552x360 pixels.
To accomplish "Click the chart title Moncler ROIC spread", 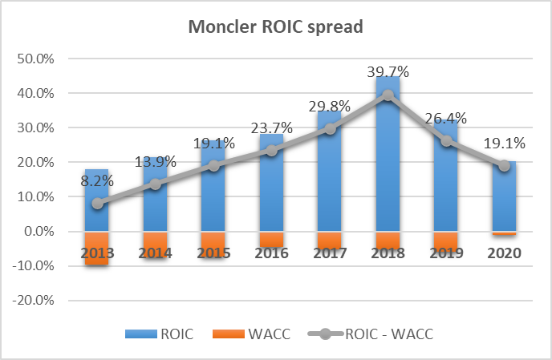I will point(275,26).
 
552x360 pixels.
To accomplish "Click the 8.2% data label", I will point(96,182).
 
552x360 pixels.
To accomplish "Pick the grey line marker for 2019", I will point(445,141).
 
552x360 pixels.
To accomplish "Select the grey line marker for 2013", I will point(96,204).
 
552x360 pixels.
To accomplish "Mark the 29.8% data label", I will point(329,108).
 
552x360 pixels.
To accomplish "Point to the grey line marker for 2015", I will point(213,166).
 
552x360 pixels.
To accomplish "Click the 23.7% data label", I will point(271,129).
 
